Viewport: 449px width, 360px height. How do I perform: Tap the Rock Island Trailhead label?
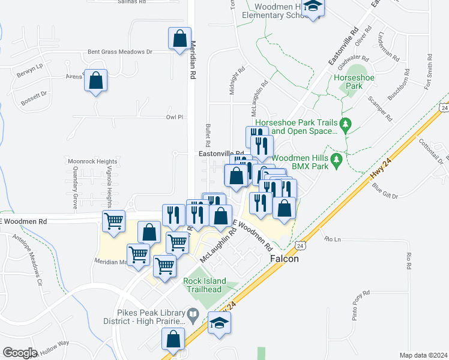211,284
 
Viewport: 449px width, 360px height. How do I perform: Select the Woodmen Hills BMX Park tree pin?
337,160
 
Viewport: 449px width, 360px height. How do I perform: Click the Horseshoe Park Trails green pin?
345,125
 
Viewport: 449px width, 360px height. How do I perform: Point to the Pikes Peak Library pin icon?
193,313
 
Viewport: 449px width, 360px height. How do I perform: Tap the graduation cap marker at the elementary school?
313,7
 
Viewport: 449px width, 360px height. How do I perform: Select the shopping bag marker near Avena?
95,80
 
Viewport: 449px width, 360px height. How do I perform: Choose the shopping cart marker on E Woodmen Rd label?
113,221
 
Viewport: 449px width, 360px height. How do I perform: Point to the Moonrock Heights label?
92,161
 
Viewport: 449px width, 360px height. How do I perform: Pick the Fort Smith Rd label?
429,72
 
